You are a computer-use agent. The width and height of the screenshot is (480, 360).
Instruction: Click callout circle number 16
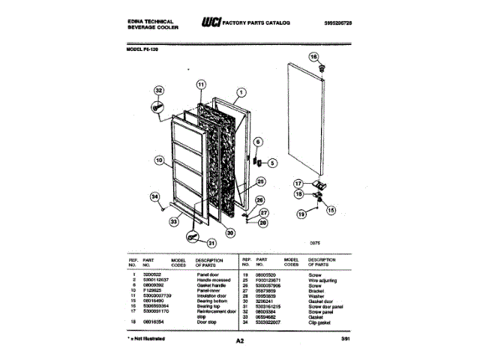point(313,57)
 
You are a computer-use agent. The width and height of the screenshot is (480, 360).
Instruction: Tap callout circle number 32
point(157,91)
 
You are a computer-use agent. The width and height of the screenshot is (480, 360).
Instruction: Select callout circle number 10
point(158,159)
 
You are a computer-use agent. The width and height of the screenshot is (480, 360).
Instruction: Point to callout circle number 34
point(155,196)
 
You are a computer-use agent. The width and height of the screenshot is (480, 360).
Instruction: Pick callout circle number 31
point(211,242)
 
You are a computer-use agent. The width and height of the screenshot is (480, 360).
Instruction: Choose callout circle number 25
point(260,181)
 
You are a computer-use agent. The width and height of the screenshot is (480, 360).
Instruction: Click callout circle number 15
point(331,210)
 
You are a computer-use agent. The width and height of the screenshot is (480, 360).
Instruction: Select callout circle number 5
point(271,162)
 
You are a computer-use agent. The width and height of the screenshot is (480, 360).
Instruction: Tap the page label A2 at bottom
point(240,341)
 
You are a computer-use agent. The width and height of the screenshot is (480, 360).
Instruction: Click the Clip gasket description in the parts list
point(320,322)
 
